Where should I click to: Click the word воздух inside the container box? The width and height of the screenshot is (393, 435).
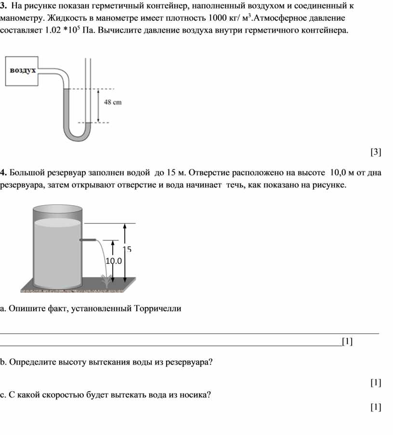(x=23, y=70)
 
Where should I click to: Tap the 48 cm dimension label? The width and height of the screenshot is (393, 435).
(x=113, y=103)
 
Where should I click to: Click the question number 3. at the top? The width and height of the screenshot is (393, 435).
(x=3, y=6)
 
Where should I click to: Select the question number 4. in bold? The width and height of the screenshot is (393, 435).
(x=3, y=172)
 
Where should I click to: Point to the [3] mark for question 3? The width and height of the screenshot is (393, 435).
(x=376, y=152)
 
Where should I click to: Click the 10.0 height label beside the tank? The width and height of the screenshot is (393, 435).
(x=114, y=261)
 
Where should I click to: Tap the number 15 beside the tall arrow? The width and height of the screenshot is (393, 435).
(x=127, y=249)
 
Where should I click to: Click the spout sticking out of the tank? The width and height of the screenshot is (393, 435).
(x=88, y=240)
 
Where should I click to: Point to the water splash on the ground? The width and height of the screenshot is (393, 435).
(x=106, y=281)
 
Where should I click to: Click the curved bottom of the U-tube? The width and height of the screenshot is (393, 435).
(x=77, y=136)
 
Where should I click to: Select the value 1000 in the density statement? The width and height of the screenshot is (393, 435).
(x=217, y=18)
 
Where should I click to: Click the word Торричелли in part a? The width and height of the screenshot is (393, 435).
(x=157, y=308)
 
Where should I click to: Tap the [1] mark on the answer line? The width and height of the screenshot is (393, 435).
(x=347, y=341)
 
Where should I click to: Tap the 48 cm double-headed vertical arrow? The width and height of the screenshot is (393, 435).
(x=98, y=105)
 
